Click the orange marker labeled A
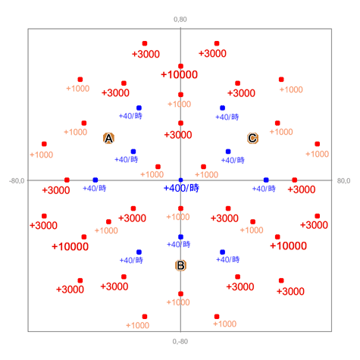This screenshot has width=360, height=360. [x=108, y=139]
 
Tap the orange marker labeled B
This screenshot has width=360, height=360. [x=180, y=265]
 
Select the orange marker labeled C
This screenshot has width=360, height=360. [x=252, y=138]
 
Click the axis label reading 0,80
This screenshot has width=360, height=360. [x=180, y=20]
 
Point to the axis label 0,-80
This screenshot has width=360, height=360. [x=180, y=342]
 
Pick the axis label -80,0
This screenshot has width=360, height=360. [x=17, y=181]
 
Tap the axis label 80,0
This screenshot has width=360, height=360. [x=343, y=180]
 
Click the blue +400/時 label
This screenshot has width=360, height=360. [x=181, y=188]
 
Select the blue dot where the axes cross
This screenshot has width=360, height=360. [x=180, y=180]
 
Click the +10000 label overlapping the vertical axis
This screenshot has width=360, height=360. [x=179, y=74]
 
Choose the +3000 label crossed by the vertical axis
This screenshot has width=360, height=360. [x=178, y=135]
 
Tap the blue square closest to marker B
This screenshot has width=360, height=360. [x=180, y=237]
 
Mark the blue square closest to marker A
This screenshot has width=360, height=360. [x=133, y=152]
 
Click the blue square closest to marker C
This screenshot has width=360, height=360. [x=228, y=152]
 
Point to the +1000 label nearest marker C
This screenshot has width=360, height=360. [x=281, y=132]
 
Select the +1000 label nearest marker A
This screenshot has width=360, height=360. [x=76, y=132]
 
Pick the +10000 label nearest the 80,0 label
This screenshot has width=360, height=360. [x=288, y=246]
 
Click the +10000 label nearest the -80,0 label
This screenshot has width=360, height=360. [x=70, y=246]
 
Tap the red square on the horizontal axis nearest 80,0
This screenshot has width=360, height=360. [x=295, y=180]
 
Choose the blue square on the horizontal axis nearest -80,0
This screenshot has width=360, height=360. [x=95, y=180]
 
